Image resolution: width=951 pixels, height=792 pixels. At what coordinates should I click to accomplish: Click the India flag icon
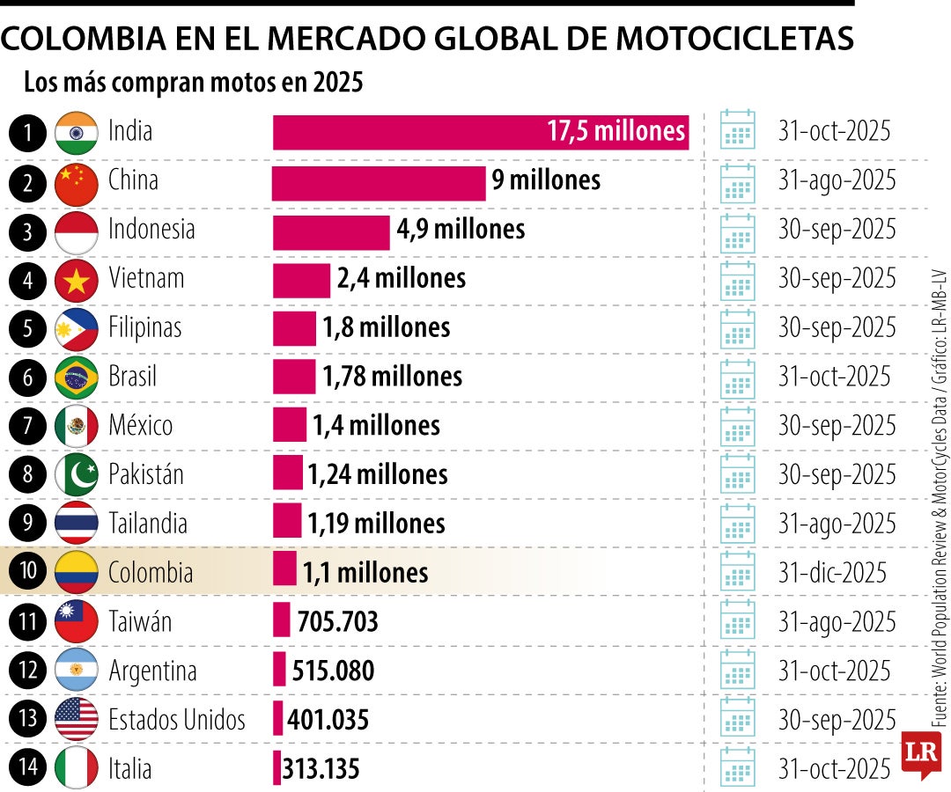(x=76, y=133)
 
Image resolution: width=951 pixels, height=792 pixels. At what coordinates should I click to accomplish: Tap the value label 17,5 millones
(x=616, y=132)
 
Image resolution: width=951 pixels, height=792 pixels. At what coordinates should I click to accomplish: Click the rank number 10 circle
(x=28, y=572)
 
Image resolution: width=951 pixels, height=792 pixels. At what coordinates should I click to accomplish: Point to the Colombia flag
(x=76, y=572)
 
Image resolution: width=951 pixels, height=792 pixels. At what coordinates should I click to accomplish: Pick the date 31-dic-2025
(x=834, y=572)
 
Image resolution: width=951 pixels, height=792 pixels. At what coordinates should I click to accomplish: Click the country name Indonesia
(x=151, y=230)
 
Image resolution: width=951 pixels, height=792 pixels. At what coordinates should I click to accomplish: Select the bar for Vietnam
(x=301, y=280)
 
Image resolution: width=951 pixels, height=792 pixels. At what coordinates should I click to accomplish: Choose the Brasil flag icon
(x=76, y=378)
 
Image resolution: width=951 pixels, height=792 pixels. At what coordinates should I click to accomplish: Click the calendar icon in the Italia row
(x=738, y=768)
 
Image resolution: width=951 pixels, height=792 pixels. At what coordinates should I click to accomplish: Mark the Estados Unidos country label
(x=177, y=720)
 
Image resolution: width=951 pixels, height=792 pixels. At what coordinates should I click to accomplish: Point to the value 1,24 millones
(x=377, y=475)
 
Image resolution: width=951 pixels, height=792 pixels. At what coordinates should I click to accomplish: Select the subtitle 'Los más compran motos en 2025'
(x=194, y=83)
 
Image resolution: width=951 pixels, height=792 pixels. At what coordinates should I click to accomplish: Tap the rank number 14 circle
(x=28, y=768)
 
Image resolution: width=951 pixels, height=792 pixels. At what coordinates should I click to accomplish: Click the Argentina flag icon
(x=76, y=671)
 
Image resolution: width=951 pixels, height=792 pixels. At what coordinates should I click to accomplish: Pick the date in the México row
(x=837, y=426)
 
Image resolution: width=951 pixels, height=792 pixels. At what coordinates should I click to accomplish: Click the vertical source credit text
(x=940, y=493)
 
